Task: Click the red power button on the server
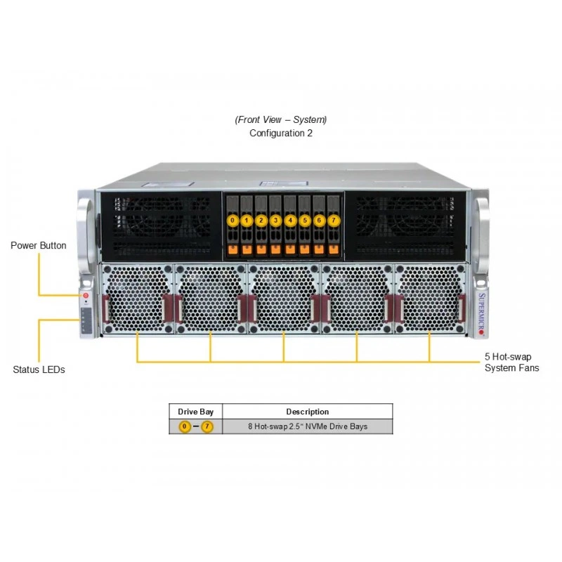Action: tap(86, 296)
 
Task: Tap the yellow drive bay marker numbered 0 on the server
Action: tap(233, 220)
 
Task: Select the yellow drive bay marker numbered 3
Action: tap(275, 220)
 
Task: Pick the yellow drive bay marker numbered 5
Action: tap(305, 220)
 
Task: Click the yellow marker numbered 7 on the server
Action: tap(334, 220)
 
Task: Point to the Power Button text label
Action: tap(39, 245)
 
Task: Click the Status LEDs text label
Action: tap(39, 370)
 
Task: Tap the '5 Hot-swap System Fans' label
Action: tap(512, 362)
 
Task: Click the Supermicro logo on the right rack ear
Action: tap(481, 314)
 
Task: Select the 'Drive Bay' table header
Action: tap(196, 412)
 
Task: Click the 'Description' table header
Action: tap(307, 412)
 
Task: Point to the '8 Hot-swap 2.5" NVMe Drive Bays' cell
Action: tap(308, 426)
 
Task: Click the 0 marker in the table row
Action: tap(185, 426)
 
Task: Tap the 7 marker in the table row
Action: tap(207, 426)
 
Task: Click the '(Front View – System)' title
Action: tap(280, 119)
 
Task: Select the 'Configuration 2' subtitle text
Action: tap(280, 133)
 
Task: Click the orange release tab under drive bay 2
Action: tap(261, 249)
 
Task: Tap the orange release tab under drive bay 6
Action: tap(319, 249)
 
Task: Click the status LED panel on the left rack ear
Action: tap(86, 321)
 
